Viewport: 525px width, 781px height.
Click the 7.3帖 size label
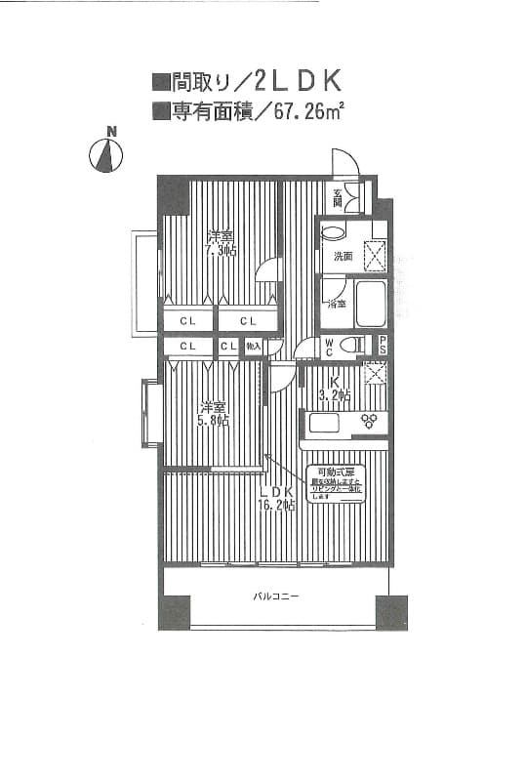pos(220,251)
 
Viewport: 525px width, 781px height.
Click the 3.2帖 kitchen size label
pos(334,394)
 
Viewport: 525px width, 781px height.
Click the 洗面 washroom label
pos(343,257)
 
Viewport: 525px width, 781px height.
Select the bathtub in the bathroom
pos(371,305)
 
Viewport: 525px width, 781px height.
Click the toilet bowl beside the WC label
pos(353,345)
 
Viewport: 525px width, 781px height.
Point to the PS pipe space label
pos(383,345)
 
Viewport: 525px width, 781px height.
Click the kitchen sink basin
pos(323,423)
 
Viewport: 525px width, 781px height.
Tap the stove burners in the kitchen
pos(370,422)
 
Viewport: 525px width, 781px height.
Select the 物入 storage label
pos(253,346)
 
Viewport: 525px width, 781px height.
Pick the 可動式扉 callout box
pos(336,484)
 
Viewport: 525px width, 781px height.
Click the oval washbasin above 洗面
pos(333,233)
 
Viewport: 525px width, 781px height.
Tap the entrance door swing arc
pos(343,161)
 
